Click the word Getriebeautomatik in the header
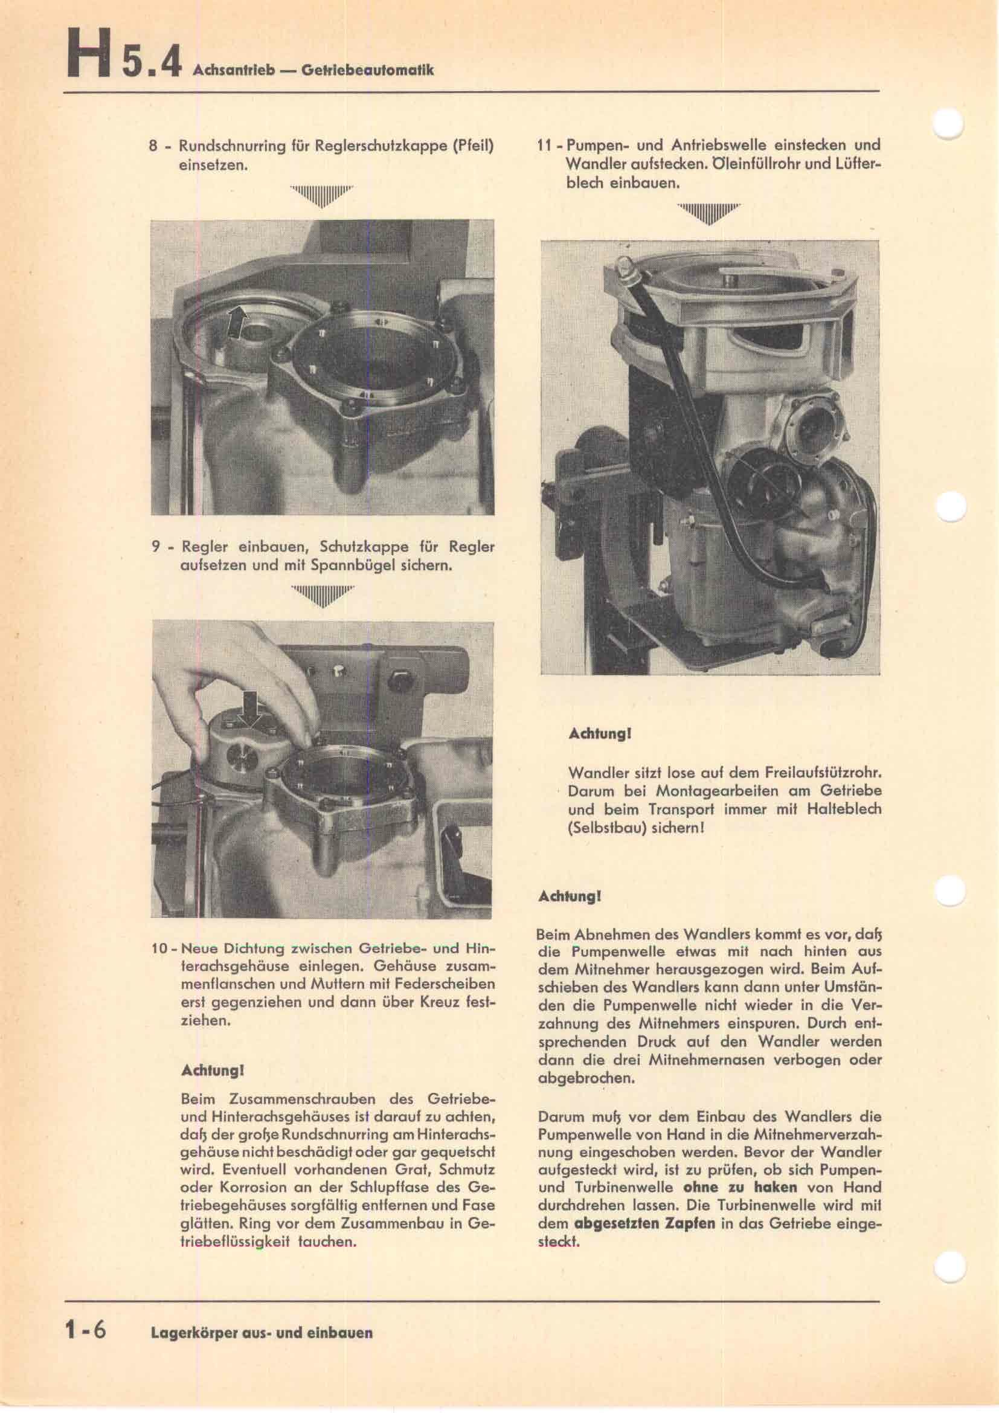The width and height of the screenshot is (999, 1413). pos(367,69)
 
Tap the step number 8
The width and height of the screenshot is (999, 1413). pos(155,146)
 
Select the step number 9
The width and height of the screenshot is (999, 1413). pos(156,547)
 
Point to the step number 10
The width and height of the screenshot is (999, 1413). pos(159,965)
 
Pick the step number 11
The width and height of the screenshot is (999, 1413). pos(543,146)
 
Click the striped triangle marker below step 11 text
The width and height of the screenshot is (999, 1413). pos(708,213)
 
